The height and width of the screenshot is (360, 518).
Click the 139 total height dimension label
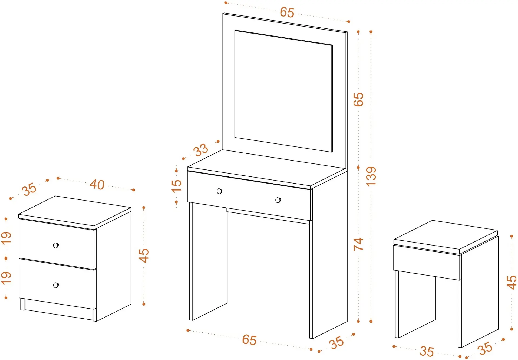pyautogui.click(x=371, y=176)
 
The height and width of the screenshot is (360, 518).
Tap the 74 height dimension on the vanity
pyautogui.click(x=358, y=244)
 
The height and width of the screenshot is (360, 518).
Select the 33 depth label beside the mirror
pyautogui.click(x=200, y=150)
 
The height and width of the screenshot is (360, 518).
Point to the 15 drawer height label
pyautogui.click(x=176, y=186)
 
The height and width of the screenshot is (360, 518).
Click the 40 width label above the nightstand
pyautogui.click(x=97, y=185)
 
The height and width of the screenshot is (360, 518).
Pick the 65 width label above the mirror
pyautogui.click(x=287, y=12)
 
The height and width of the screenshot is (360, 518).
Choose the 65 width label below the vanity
pyautogui.click(x=249, y=340)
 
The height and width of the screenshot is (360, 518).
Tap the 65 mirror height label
pyautogui.click(x=359, y=99)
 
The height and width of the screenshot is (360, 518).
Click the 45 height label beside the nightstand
pyautogui.click(x=144, y=256)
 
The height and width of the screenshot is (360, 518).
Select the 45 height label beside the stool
pyautogui.click(x=511, y=283)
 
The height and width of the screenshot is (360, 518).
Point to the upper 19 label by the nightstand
pyautogui.click(x=6, y=238)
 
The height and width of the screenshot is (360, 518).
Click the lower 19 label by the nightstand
pyautogui.click(x=6, y=278)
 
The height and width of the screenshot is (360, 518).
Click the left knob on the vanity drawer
pyautogui.click(x=219, y=191)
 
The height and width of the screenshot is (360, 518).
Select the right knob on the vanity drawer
pyautogui.click(x=278, y=200)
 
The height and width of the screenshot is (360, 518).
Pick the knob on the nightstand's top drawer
pyautogui.click(x=56, y=245)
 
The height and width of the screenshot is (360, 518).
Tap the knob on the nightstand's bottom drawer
pyautogui.click(x=56, y=285)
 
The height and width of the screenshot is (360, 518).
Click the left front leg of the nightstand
pyautogui.click(x=23, y=305)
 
